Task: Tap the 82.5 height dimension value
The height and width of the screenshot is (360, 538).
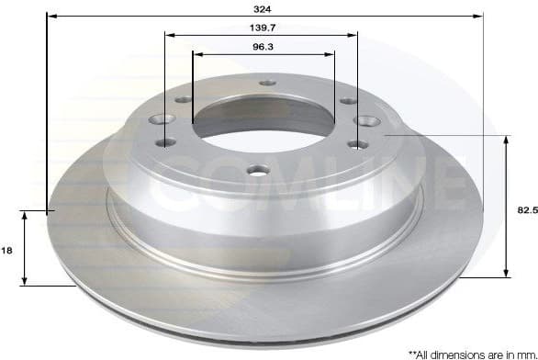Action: [527, 209]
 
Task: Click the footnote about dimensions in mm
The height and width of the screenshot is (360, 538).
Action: [472, 352]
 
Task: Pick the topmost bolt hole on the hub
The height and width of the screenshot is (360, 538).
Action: [267, 83]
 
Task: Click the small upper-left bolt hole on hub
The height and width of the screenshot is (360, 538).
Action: [182, 99]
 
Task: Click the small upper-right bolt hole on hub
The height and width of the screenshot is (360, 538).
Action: [347, 100]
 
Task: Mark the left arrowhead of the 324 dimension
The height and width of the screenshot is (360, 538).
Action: [50, 17]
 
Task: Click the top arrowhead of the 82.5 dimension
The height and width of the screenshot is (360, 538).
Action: [506, 139]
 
